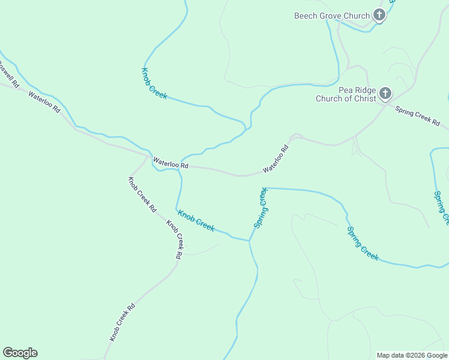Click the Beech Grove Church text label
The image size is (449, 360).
(331, 16)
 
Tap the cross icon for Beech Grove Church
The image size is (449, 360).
(379, 15)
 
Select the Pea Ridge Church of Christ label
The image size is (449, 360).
(345, 94)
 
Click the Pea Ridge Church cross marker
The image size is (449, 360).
(385, 94)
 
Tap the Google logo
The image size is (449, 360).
(20, 353)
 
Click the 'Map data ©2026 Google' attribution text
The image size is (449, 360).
(412, 355)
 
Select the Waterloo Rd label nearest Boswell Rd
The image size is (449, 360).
(44, 102)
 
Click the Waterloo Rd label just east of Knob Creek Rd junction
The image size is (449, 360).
(170, 162)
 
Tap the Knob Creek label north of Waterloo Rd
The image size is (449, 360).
(154, 83)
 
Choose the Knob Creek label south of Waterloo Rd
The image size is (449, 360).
(196, 220)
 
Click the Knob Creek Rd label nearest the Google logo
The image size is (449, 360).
(122, 322)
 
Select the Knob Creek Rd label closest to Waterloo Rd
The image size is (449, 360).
(142, 195)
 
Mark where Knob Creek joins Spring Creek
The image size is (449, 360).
(249, 241)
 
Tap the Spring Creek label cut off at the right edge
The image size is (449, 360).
(441, 208)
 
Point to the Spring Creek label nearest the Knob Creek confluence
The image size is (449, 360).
(261, 208)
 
